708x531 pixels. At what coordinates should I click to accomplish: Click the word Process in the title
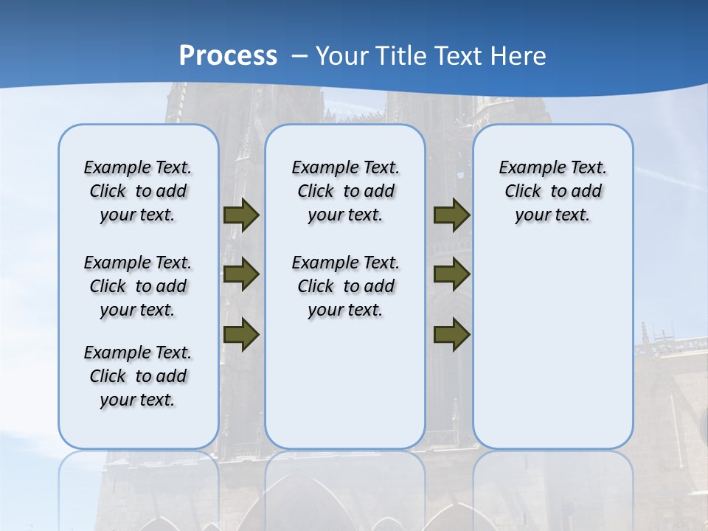tap(228, 55)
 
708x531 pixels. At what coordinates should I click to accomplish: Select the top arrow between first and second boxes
tap(241, 215)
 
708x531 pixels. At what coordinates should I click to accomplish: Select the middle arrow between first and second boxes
tap(241, 274)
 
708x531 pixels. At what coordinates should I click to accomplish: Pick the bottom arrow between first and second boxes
tap(241, 334)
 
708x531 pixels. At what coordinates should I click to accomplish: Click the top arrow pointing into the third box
tap(451, 215)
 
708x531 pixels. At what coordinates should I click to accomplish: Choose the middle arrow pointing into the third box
tap(451, 274)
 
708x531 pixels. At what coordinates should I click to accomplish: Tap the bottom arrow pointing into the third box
tap(451, 334)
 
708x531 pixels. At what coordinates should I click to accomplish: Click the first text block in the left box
tap(138, 191)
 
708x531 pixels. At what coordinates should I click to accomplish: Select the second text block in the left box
tap(138, 286)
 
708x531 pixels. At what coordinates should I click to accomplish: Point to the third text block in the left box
tap(138, 376)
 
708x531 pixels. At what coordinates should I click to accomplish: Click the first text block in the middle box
tap(345, 191)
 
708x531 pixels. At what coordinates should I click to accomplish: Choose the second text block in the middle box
tap(345, 286)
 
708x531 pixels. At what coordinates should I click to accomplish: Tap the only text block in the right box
tap(552, 191)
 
